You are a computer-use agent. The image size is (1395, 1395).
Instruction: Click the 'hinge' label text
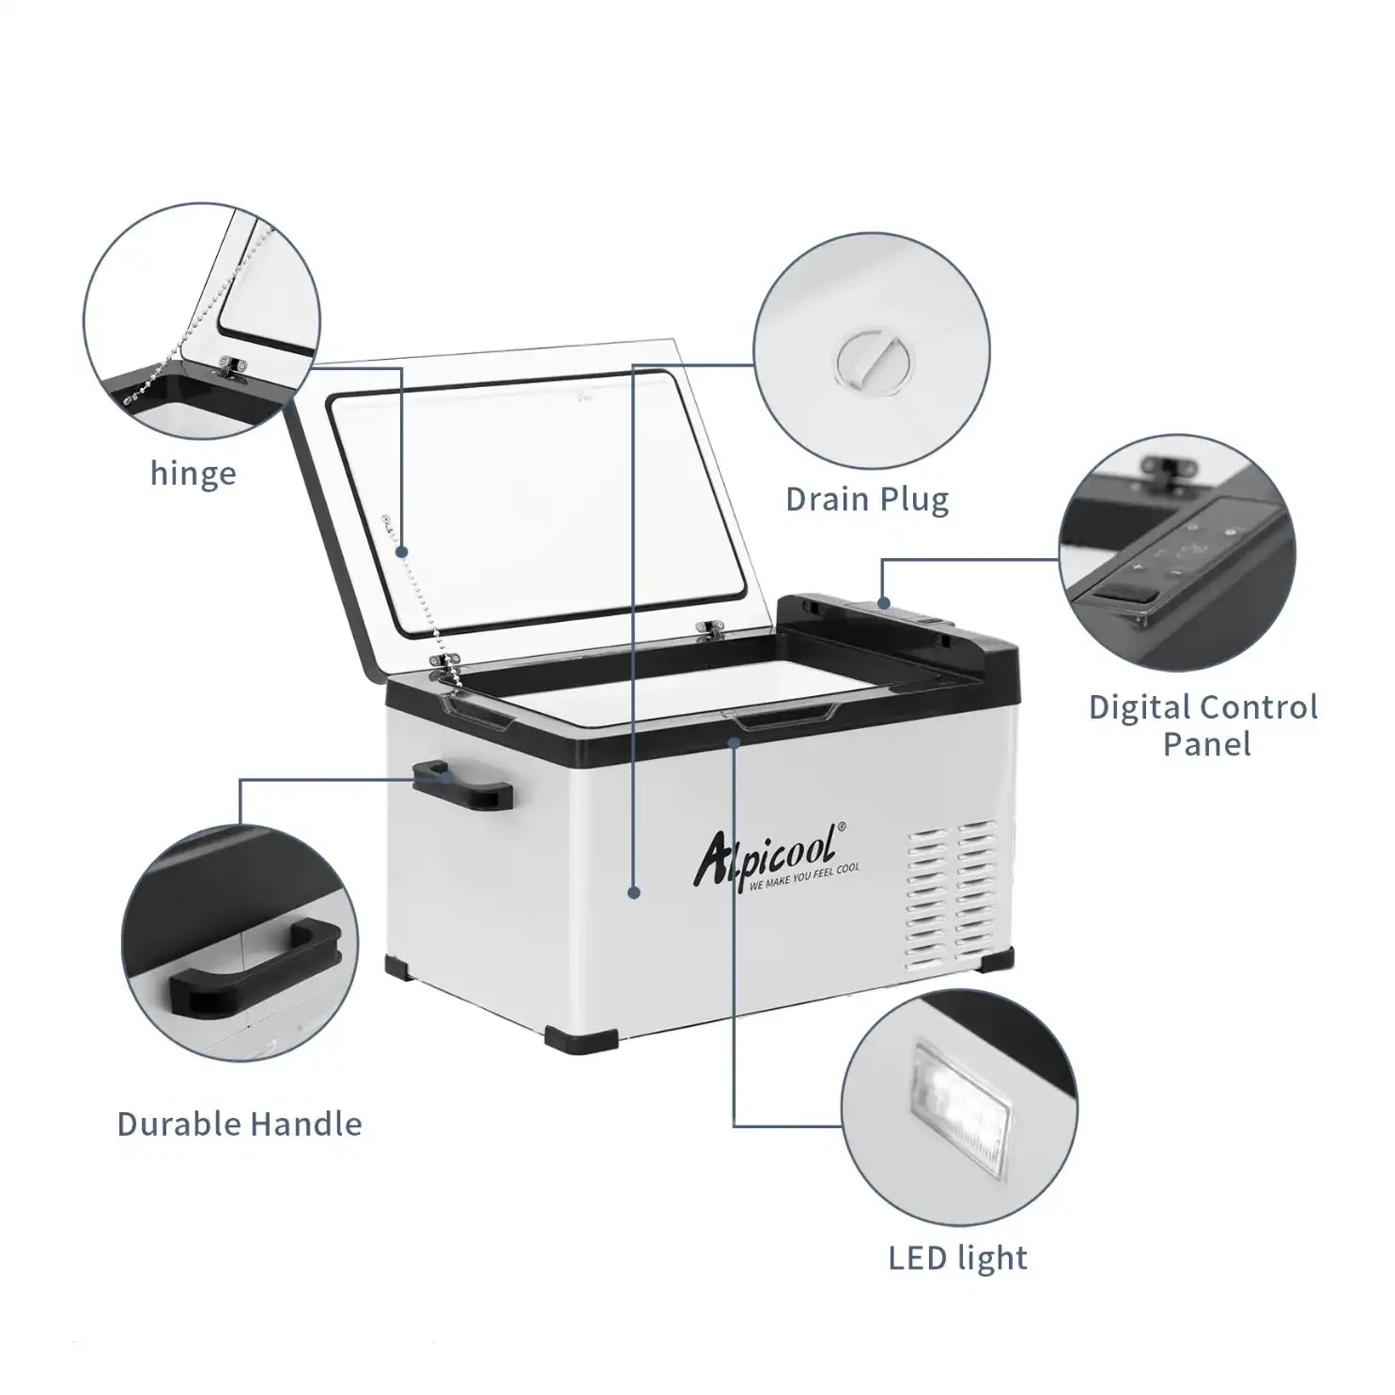click(193, 473)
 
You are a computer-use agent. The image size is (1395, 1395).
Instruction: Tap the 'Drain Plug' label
click(867, 499)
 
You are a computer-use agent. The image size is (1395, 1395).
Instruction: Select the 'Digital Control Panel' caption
click(1203, 725)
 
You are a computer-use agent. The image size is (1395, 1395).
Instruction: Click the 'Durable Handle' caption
click(240, 1124)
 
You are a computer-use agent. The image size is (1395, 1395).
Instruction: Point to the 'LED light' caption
click(958, 1258)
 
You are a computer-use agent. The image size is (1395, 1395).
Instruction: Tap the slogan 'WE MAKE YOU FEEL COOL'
click(805, 877)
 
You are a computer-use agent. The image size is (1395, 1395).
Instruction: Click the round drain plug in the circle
click(873, 359)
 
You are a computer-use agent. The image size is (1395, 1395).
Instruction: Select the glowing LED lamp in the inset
click(959, 1094)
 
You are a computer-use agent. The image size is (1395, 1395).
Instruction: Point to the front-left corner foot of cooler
click(581, 1043)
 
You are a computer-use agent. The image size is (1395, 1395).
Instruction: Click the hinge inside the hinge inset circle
click(232, 367)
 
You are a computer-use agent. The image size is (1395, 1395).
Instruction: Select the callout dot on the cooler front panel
click(634, 892)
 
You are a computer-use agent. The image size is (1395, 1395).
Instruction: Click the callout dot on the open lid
click(401, 551)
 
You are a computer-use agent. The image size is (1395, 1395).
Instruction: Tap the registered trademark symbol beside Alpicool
click(841, 827)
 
